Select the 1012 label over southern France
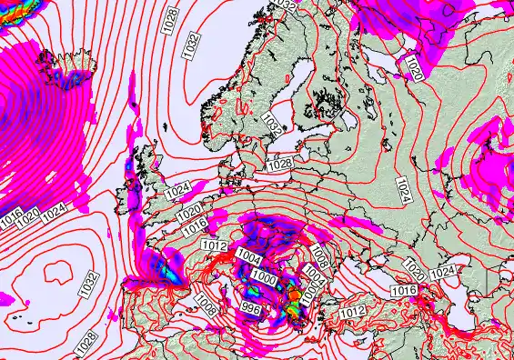(x=214, y=245)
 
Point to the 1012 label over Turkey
(x=354, y=311)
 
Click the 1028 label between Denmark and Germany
(x=279, y=165)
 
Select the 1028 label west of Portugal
(x=86, y=343)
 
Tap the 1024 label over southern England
(x=178, y=192)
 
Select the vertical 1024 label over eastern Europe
(x=403, y=188)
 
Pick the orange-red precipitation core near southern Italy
(x=295, y=295)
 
